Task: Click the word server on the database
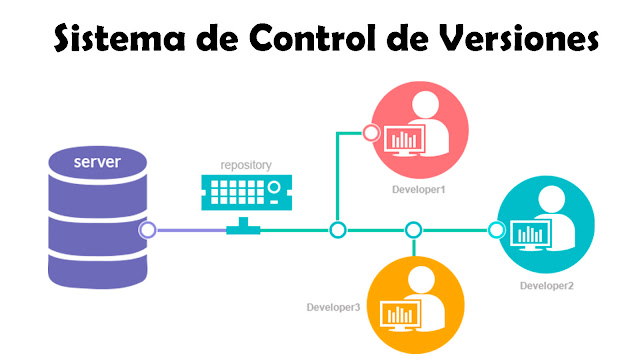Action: pos(96,161)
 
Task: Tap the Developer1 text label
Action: pos(419,187)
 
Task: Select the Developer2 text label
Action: pos(546,287)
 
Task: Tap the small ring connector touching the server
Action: pos(148,230)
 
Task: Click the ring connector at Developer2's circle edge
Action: pos(496,230)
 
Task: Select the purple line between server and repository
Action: pos(190,230)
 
